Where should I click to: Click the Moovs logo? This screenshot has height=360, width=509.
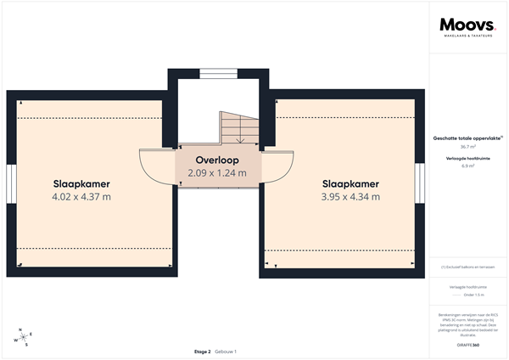click(467, 27)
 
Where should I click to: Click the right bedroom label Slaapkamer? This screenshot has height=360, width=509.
click(350, 183)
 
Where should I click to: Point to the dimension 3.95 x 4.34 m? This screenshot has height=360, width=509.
click(350, 197)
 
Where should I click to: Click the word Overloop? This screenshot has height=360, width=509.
click(217, 160)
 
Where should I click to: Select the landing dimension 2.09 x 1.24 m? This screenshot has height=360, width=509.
click(217, 173)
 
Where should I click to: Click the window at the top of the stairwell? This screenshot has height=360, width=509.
click(218, 72)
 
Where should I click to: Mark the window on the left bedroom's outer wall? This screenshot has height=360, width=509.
click(11, 184)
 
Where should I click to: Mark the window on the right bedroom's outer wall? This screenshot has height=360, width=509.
click(420, 184)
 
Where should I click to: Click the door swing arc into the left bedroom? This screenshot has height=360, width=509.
click(153, 166)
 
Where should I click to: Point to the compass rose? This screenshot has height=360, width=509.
click(25, 336)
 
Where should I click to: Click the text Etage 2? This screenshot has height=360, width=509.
click(202, 352)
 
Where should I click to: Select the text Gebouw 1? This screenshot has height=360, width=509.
click(226, 352)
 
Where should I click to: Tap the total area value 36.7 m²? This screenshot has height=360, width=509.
click(467, 146)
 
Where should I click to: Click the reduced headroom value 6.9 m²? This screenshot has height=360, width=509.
click(467, 166)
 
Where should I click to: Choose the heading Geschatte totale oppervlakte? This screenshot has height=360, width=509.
click(467, 138)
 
